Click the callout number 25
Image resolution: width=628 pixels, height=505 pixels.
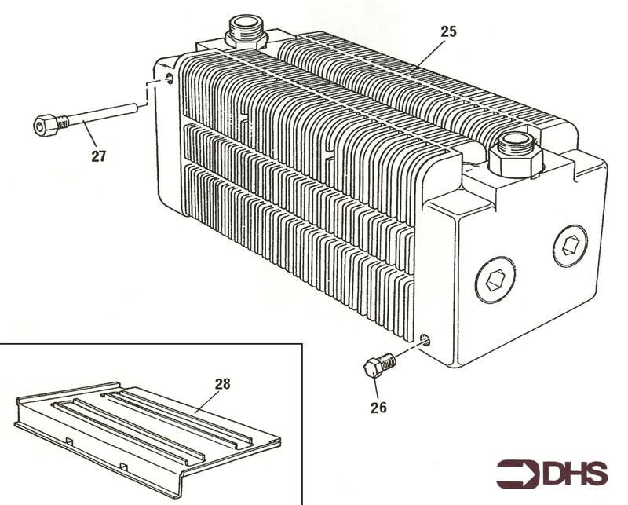click(448, 31)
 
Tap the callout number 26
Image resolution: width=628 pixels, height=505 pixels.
click(378, 408)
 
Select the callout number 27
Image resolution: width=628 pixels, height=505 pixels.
click(99, 156)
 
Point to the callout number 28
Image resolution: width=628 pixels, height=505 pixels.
click(223, 384)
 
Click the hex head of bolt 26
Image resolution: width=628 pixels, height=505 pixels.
click(373, 368)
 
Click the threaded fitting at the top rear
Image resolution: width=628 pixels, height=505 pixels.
click(246, 32)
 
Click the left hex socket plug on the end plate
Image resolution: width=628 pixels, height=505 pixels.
click(495, 280)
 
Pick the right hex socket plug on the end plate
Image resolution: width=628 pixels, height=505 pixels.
click(570, 245)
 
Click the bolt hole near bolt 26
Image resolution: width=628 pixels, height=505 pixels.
click(425, 340)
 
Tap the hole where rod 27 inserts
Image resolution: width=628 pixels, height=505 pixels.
click(170, 79)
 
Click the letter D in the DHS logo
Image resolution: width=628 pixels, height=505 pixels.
click(555, 474)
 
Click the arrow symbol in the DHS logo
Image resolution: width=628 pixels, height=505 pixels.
click(519, 474)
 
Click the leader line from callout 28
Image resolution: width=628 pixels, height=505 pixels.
click(206, 401)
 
